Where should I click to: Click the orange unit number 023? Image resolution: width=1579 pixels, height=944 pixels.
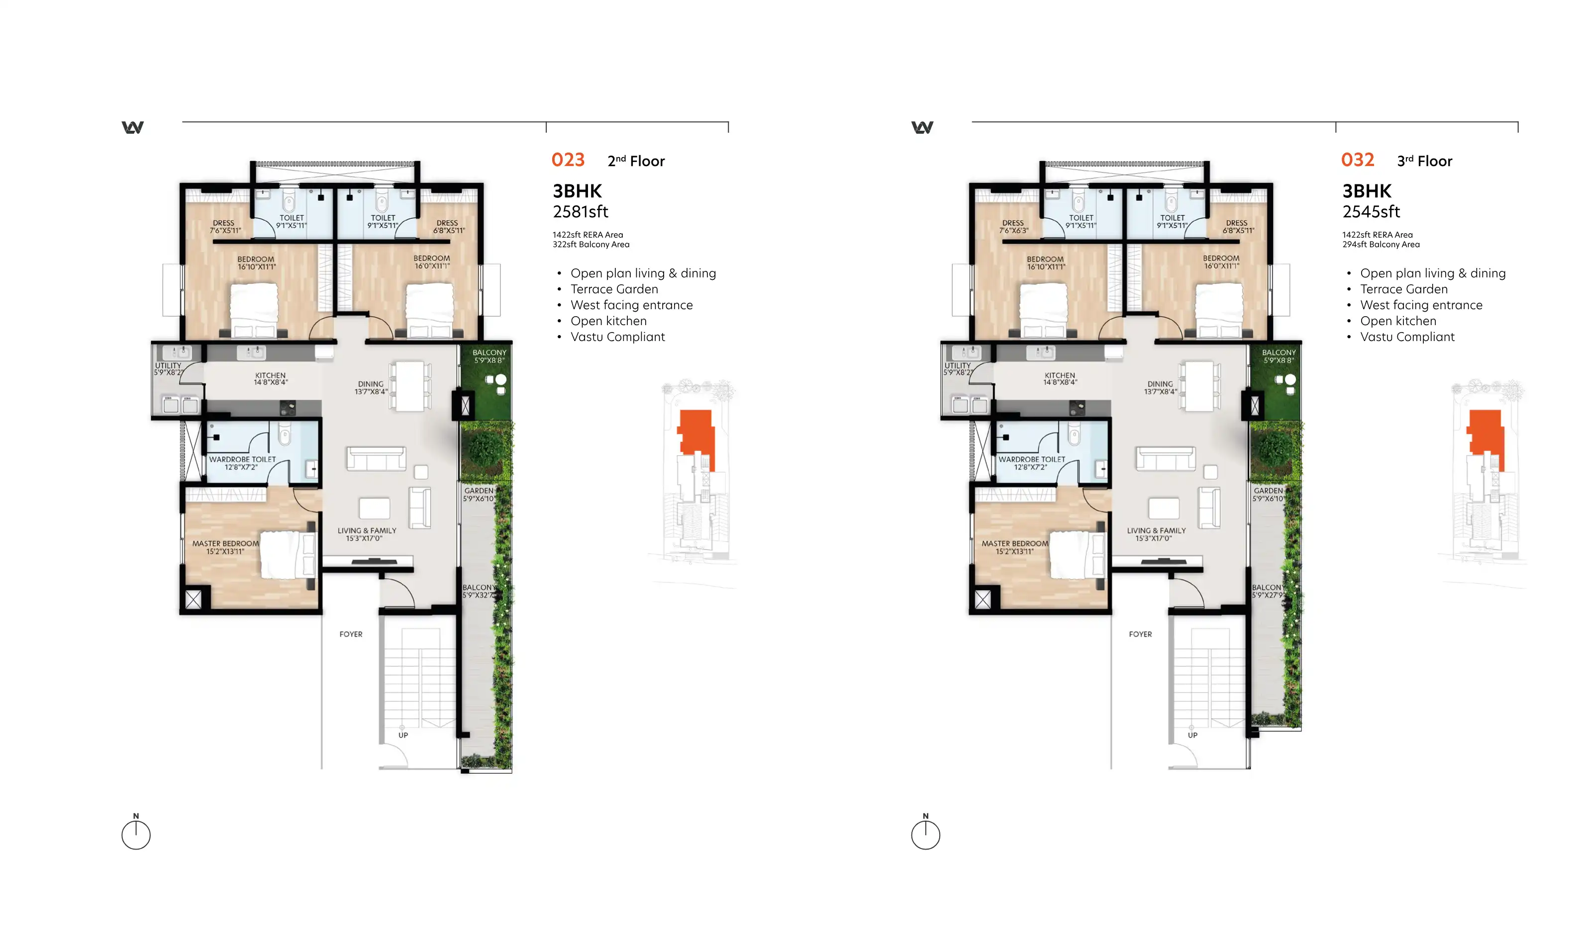pyautogui.click(x=568, y=160)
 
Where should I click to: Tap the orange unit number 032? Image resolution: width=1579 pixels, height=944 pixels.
pyautogui.click(x=1358, y=160)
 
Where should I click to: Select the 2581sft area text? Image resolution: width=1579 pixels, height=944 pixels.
pyautogui.click(x=581, y=211)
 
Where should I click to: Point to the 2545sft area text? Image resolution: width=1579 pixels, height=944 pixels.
pyautogui.click(x=1371, y=211)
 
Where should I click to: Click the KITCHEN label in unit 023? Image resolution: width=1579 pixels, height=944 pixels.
pyautogui.click(x=271, y=375)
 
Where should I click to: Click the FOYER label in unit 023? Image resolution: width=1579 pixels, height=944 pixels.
pyautogui.click(x=351, y=634)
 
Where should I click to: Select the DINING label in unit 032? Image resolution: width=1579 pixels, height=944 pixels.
pyautogui.click(x=1160, y=384)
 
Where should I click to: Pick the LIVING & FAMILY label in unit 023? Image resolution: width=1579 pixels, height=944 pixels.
pyautogui.click(x=367, y=530)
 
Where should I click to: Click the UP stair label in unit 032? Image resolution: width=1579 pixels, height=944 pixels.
pyautogui.click(x=1192, y=735)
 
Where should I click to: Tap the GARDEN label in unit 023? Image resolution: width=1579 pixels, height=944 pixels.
pyautogui.click(x=479, y=491)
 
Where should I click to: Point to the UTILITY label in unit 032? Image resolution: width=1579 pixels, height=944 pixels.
pyautogui.click(x=958, y=365)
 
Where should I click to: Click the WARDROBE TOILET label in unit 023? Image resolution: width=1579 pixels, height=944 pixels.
pyautogui.click(x=242, y=459)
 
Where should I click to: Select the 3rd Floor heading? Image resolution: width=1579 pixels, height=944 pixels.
pyautogui.click(x=1424, y=161)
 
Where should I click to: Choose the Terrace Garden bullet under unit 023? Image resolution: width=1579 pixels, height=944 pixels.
pyautogui.click(x=614, y=289)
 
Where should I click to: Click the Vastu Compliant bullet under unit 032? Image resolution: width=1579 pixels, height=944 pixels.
pyautogui.click(x=1407, y=337)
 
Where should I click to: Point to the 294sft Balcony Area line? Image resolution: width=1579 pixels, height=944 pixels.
pyautogui.click(x=1381, y=244)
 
